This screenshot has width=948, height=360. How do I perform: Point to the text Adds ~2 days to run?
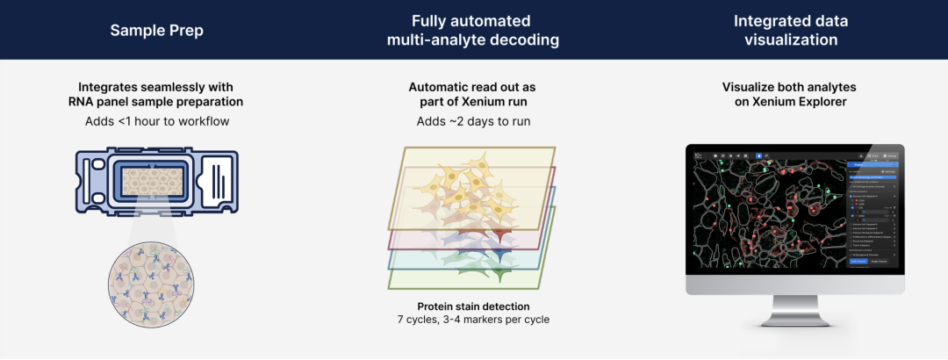point(472,121)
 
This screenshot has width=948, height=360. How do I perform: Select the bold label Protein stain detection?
point(472,306)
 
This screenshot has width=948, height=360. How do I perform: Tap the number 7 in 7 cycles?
point(401,320)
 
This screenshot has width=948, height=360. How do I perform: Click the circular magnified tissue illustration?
point(148,286)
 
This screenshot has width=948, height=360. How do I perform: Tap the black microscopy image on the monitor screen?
point(764,211)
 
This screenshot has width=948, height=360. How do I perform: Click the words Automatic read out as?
point(472,88)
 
